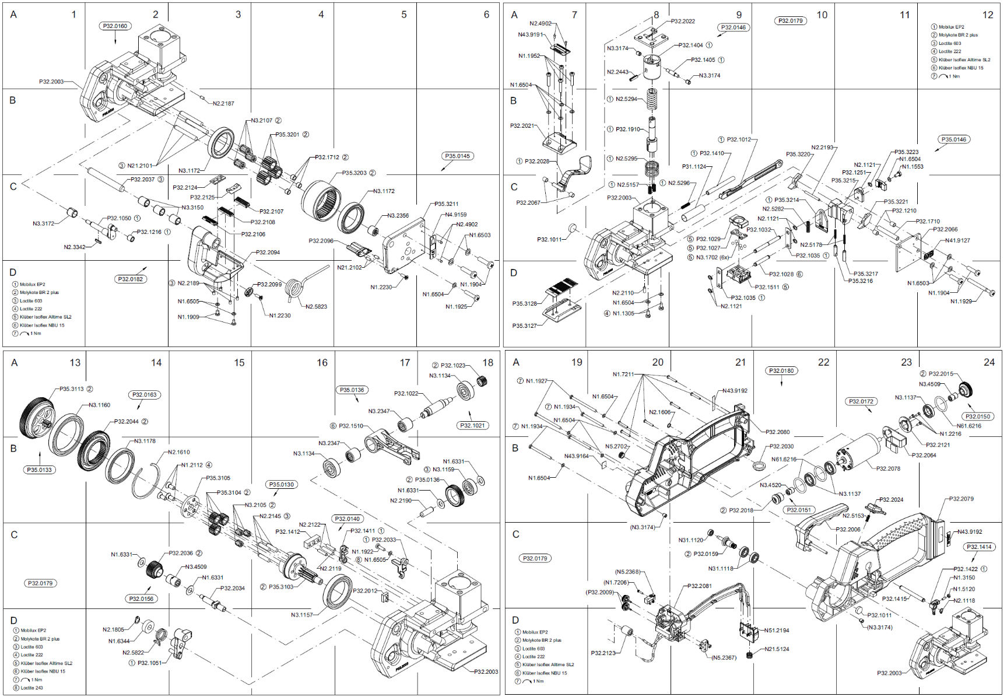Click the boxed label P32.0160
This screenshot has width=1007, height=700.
coord(115,26)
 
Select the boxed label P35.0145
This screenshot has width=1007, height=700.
coord(457,156)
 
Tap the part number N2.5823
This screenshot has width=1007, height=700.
coord(316,307)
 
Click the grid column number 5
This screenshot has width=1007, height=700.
coord(403,15)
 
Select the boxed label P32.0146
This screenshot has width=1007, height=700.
coord(733,27)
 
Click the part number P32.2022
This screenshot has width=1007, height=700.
coord(683,22)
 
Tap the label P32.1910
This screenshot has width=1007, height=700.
coord(628,129)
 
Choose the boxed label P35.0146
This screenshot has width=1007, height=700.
coord(953,140)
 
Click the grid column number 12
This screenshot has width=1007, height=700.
coord(987,15)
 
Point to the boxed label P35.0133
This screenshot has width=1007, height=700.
coord(39,470)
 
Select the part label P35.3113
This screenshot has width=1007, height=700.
coord(72,389)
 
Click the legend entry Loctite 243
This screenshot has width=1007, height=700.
coord(31,688)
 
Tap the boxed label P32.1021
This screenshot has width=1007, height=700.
coord(472,426)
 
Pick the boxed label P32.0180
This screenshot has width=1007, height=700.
coord(781,371)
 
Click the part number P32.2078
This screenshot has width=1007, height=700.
coord(888,468)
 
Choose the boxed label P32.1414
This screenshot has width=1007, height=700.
coord(979,547)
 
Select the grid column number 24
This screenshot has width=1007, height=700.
coord(989,363)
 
